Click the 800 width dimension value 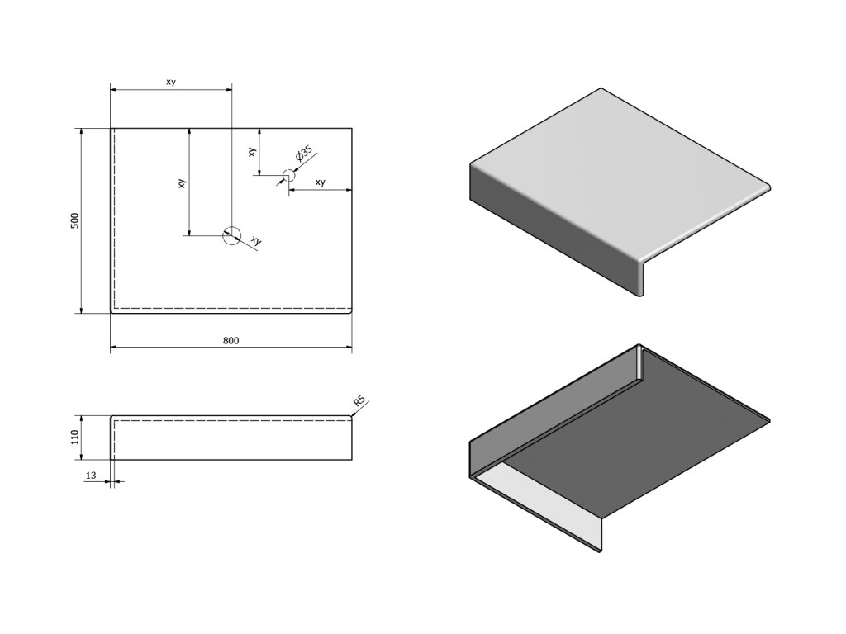[x=231, y=340]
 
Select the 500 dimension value [x=74, y=220]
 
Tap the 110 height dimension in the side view [x=74, y=437]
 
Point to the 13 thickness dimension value [x=90, y=475]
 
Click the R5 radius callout [x=359, y=402]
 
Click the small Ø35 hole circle [x=288, y=175]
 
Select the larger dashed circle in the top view [x=231, y=235]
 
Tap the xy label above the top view [x=170, y=82]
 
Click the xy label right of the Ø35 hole [x=320, y=182]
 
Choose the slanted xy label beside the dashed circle [x=256, y=241]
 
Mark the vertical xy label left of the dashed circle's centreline [x=182, y=183]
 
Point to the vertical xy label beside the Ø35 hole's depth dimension [x=251, y=152]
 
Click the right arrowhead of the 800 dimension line [x=349, y=348]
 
